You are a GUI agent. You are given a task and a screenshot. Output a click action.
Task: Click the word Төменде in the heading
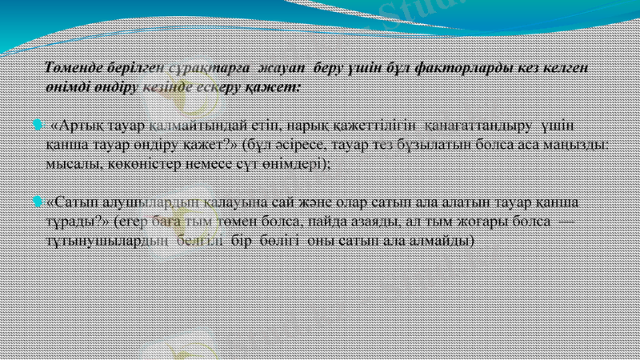[x=74, y=68]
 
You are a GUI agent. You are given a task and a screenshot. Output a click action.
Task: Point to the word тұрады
[x=76, y=220]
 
